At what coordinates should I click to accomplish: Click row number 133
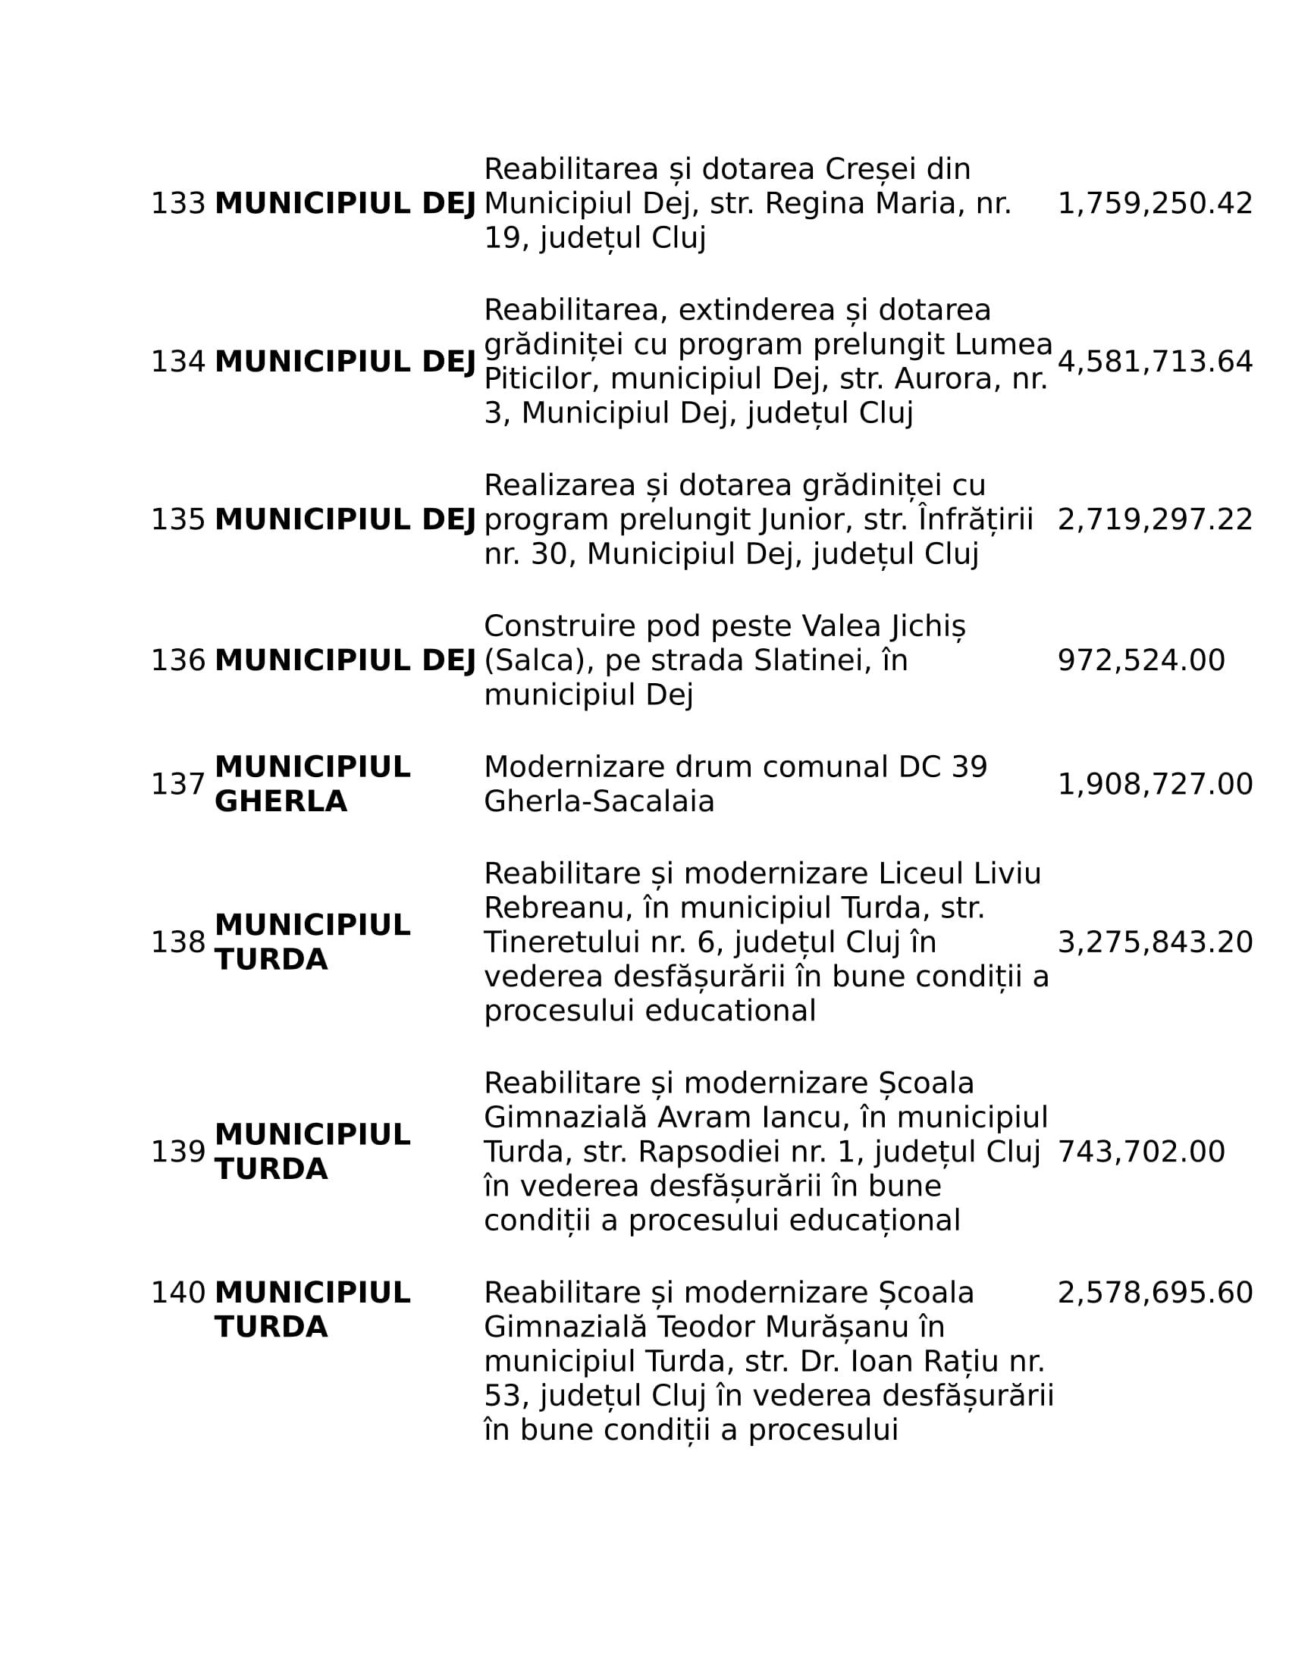178,204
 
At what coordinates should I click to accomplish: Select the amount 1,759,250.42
1155,204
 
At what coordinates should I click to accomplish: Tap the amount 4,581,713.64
1155,362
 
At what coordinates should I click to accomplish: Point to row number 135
178,520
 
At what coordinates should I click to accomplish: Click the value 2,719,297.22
1155,520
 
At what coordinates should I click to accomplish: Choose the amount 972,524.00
1141,660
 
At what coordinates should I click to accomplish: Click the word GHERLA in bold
281,802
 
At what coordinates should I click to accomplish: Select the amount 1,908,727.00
1155,785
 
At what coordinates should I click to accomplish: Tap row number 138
178,942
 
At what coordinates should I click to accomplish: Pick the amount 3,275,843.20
1155,942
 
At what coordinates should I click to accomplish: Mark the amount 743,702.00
1141,1152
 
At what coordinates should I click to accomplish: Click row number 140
178,1293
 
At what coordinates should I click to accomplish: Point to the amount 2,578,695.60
1155,1293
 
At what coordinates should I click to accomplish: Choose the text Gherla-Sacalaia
599,802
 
